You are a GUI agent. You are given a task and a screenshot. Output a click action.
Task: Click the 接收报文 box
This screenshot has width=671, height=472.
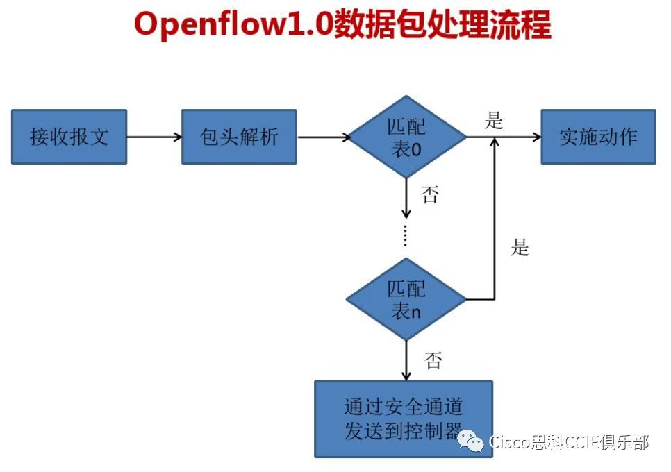coord(69,137)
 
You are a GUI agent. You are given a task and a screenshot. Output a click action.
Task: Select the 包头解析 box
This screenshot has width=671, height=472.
coord(239,137)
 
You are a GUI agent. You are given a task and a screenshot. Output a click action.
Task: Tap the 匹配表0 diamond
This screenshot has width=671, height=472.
coord(407,137)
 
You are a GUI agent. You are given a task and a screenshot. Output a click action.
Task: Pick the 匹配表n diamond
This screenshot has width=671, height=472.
coord(407,299)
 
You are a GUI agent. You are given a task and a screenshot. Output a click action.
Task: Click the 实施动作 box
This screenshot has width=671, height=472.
coord(598,137)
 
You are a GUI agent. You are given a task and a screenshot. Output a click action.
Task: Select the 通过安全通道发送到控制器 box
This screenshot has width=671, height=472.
coord(403,419)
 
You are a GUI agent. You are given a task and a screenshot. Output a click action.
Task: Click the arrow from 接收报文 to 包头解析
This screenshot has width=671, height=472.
coord(154,137)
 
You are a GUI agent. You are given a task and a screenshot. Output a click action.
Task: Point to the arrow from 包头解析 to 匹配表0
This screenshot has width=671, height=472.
coord(324,137)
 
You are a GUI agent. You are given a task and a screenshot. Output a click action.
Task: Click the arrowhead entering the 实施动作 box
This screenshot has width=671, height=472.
coord(536,137)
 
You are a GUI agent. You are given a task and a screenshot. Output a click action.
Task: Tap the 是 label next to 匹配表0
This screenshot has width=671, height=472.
coord(494,121)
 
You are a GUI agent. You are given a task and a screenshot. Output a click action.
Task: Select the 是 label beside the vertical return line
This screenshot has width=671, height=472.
coord(520,247)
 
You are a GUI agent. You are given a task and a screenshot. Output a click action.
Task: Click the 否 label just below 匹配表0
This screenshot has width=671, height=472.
coord(430,195)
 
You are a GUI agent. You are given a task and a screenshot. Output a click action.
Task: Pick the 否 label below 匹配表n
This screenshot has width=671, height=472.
coord(433,360)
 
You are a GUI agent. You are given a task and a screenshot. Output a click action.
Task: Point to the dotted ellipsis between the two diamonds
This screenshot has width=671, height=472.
coord(406,236)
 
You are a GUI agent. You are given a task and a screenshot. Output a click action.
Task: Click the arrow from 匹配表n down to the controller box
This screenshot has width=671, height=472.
coord(406,361)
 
